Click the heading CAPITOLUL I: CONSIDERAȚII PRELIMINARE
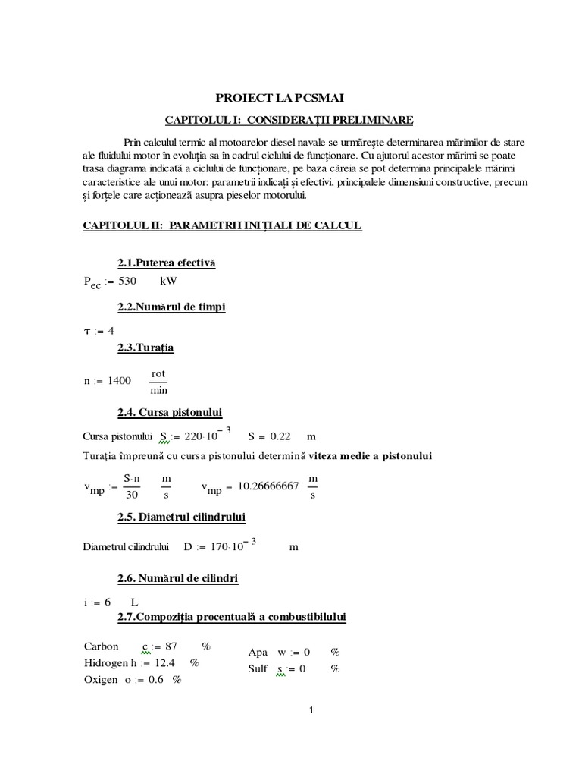tap(290, 120)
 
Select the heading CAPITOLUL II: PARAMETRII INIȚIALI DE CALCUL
tap(223, 226)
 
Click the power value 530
tap(130, 281)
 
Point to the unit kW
tap(171, 281)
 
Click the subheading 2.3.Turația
tap(145, 348)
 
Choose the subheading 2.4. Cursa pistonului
tap(169, 412)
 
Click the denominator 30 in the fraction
tap(133, 495)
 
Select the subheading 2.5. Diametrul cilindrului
tap(180, 517)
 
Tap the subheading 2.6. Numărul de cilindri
tap(178, 579)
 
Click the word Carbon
tap(102, 646)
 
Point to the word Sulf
tap(258, 668)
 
